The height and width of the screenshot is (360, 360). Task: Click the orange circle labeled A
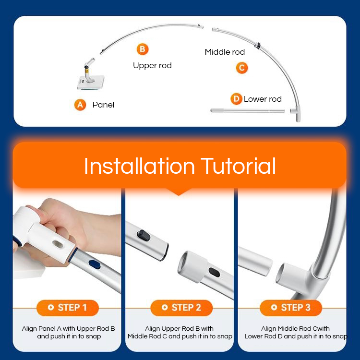pos(80,105)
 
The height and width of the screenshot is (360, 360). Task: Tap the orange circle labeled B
pos(143,49)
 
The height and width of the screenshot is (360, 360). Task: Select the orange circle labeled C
pos(242,68)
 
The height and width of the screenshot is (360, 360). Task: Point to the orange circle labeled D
pos(236,99)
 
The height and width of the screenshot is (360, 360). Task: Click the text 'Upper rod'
pos(152,66)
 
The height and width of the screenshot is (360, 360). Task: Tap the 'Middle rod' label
pos(225,52)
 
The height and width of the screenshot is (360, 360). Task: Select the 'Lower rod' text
pos(263,99)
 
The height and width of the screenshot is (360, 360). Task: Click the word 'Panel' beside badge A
pos(103,105)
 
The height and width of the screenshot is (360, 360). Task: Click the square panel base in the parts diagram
pos(90,83)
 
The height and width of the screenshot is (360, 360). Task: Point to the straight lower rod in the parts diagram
pos(248,111)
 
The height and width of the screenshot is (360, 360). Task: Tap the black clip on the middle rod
pos(258,45)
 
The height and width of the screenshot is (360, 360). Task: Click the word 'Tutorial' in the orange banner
pos(238,166)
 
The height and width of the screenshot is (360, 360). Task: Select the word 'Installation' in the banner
pos(139,166)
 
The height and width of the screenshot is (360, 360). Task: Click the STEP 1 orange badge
pos(68,308)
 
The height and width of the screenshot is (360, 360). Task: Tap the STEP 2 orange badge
pos(181,308)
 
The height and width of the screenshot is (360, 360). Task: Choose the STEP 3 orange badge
pos(291,308)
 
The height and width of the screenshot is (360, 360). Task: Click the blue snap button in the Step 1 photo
pos(95,264)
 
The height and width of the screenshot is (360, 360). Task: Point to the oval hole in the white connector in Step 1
pos(59,244)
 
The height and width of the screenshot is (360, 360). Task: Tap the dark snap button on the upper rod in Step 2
pos(144,236)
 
